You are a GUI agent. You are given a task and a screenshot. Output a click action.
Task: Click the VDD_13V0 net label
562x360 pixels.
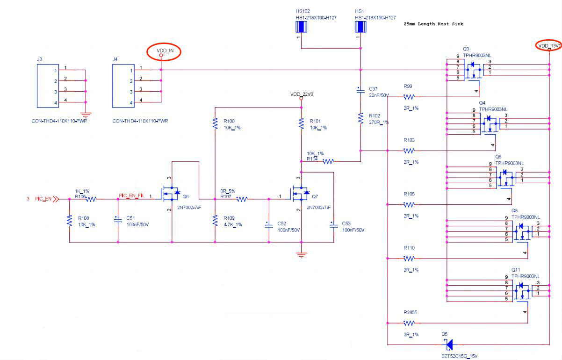tap(549, 45)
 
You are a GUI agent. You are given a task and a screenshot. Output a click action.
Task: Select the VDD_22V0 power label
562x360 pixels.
tap(301, 94)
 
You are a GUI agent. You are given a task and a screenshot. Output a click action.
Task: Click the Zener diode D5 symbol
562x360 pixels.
tap(449, 345)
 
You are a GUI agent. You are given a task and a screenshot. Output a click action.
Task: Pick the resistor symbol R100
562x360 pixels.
tap(215, 123)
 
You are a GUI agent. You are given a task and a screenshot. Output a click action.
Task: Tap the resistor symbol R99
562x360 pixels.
tap(409, 97)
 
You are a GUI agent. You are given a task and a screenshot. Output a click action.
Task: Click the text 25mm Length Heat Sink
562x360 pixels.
tap(433, 24)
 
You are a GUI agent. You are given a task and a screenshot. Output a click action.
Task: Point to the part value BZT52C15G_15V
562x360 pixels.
tap(460, 356)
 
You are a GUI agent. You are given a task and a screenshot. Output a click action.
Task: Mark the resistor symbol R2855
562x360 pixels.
tap(409, 323)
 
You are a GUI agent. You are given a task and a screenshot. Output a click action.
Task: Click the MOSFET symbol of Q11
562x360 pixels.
tap(519, 292)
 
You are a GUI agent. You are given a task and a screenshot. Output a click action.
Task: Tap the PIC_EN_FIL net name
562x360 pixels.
tap(131, 196)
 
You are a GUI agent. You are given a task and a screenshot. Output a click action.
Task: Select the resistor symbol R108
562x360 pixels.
tap(69, 220)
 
